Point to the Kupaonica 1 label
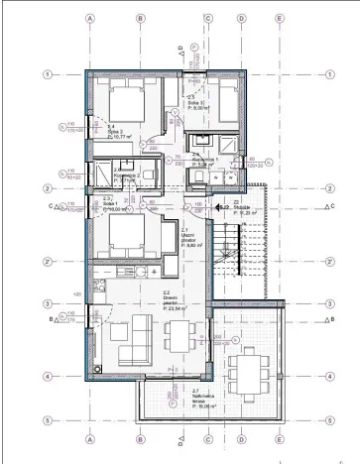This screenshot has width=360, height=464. [x=202, y=160]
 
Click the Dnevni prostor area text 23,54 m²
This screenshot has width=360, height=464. [x=175, y=309]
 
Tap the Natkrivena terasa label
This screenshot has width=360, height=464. [x=176, y=400]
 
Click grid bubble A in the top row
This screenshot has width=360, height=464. [x=90, y=18]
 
